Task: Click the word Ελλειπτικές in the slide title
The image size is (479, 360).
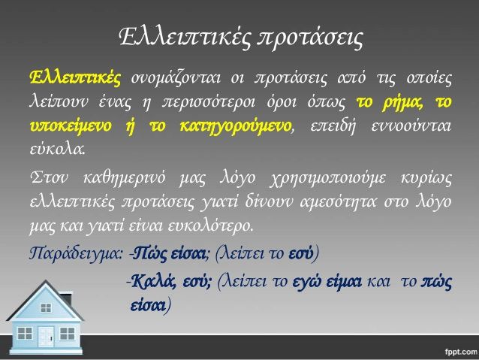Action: pos(185,38)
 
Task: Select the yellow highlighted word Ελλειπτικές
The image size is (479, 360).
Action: pos(76,77)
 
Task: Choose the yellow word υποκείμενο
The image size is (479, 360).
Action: pos(71,126)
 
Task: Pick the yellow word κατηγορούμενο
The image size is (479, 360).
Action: pos(235,126)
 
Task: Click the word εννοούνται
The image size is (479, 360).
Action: pos(411,126)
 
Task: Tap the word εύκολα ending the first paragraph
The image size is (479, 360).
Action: pos(57,149)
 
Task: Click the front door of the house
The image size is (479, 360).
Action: pos(46,337)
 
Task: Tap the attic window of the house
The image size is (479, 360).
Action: pos(46,307)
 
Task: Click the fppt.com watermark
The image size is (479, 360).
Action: pos(461,352)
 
